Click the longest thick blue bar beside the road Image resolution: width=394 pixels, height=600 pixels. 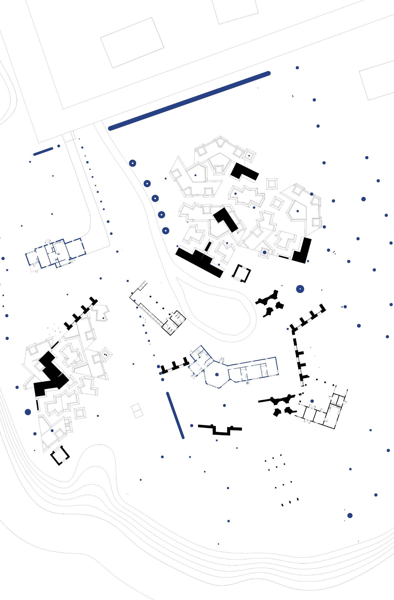pyautogui.click(x=189, y=101)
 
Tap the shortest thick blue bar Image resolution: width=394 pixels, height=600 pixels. pyautogui.click(x=43, y=151)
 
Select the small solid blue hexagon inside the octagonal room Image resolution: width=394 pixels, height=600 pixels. pyautogui.click(x=217, y=375)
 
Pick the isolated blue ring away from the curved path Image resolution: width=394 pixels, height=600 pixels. pyautogui.click(x=300, y=289)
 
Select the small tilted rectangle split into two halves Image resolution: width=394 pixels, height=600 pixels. pyautogui.click(x=137, y=411)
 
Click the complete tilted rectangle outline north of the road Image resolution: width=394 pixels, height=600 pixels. pyautogui.click(x=132, y=42)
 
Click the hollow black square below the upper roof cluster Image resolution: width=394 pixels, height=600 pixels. pyautogui.click(x=241, y=273)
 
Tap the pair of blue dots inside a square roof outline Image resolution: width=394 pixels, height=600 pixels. pyautogui.click(x=105, y=355)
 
